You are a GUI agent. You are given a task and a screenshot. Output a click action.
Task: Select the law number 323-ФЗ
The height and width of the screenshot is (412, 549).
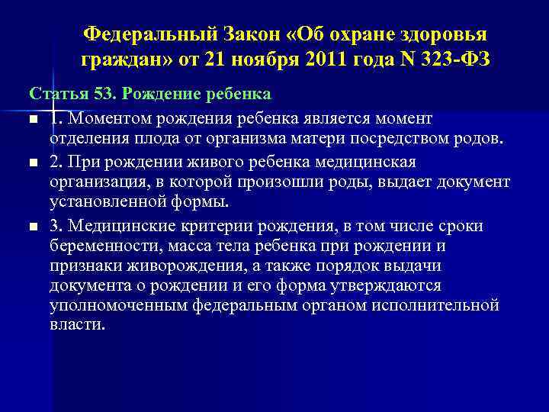446,58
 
